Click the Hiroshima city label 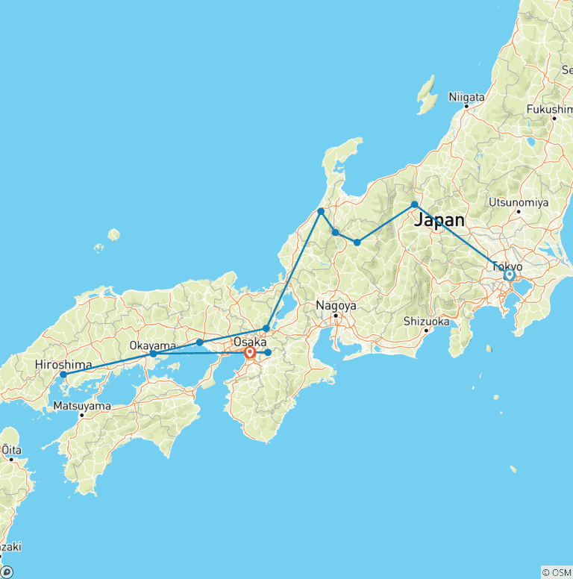pos(63,364)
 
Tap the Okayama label pos(153,345)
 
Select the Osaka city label pos(250,342)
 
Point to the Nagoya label pos(336,306)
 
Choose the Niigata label pos(467,97)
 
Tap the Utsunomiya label pos(519,202)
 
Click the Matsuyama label pos(82,406)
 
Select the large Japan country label pos(439,220)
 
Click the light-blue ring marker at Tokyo pos(510,275)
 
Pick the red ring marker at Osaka pos(250,352)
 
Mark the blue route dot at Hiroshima pos(63,374)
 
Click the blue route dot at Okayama pos(153,353)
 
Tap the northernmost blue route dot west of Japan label pos(321,211)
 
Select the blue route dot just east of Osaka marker pos(268,352)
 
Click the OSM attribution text pos(557,572)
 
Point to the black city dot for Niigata pos(467,106)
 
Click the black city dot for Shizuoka pos(427,330)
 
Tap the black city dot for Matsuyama pos(82,415)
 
